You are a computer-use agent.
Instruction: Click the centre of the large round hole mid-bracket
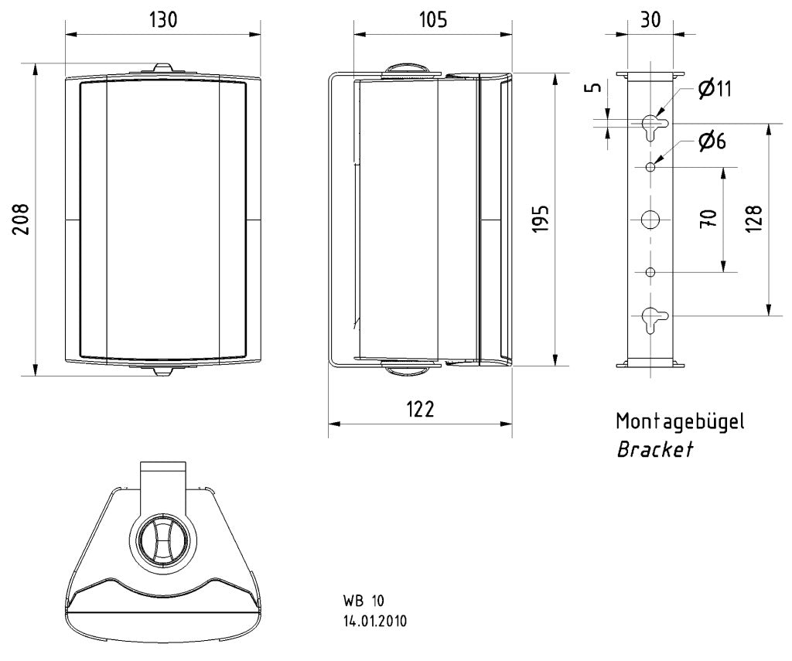pyautogui.click(x=650, y=220)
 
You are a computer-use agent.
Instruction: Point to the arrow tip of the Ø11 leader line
pyautogui.click(x=656, y=117)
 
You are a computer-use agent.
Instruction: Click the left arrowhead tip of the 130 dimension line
pyautogui.click(x=66, y=34)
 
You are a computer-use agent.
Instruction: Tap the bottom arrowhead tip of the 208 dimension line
pyautogui.click(x=35, y=375)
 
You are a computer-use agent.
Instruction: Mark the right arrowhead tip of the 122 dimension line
pyautogui.click(x=512, y=424)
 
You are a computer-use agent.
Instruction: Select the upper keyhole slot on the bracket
pyautogui.click(x=653, y=126)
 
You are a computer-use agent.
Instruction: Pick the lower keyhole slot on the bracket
pyautogui.click(x=653, y=319)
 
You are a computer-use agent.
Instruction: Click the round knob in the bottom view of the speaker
pyautogui.click(x=159, y=542)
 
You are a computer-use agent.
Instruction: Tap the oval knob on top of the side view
pyautogui.click(x=408, y=70)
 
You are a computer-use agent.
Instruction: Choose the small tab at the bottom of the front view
pyautogui.click(x=163, y=371)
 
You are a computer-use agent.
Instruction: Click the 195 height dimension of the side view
pyautogui.click(x=541, y=219)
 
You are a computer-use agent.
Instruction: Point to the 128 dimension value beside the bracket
pyautogui.click(x=753, y=219)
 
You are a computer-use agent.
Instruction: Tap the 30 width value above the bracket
pyautogui.click(x=650, y=19)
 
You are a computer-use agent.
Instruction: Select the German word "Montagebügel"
pyautogui.click(x=680, y=421)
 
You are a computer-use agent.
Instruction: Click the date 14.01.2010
pyautogui.click(x=375, y=621)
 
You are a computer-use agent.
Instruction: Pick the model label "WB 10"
pyautogui.click(x=364, y=601)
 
